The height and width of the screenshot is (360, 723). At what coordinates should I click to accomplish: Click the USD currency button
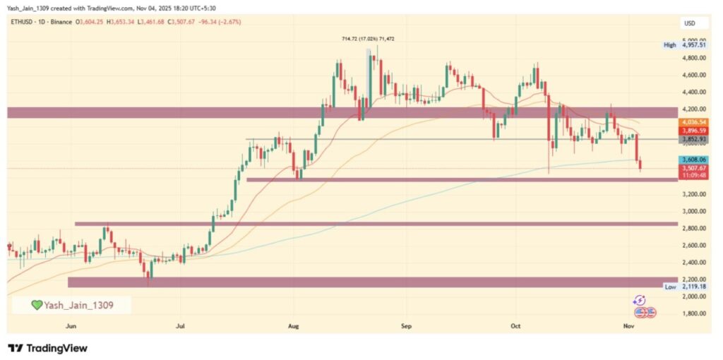point(688,23)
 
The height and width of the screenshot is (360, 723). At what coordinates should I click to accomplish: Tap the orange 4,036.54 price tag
point(692,122)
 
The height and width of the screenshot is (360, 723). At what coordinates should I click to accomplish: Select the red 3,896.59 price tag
point(692,131)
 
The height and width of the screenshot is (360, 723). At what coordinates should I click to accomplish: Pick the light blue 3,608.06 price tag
point(692,160)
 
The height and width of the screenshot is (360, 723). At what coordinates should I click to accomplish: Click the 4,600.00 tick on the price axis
point(694,75)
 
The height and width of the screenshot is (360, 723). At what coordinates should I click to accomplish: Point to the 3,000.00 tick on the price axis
point(694,211)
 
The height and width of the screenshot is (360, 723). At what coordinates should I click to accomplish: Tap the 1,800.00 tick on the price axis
point(694,313)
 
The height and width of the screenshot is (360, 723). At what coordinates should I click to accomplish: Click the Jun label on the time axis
point(70,326)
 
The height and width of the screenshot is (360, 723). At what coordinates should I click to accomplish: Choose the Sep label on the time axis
point(405,326)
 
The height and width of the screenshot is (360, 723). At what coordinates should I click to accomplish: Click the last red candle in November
point(640,164)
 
